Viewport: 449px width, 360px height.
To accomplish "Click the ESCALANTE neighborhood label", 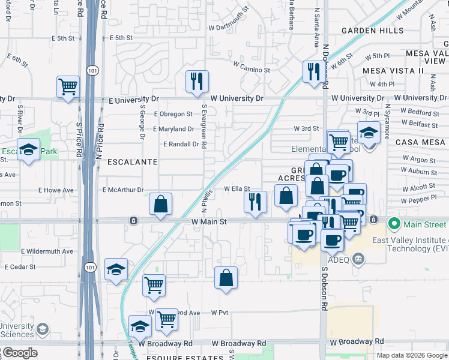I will pos(133,162).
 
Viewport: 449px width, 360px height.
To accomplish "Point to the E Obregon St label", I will pos(173,113).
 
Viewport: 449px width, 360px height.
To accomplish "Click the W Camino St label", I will pos(248,70).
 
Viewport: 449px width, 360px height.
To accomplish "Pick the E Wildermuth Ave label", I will pos(47,251).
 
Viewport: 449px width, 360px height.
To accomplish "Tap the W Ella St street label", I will pos(237,188).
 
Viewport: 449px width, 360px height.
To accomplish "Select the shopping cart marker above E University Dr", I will pos(68,86).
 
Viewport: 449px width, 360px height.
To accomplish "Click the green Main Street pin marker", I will pos(394,224).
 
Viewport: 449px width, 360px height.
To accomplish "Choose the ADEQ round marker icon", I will pos(359,259).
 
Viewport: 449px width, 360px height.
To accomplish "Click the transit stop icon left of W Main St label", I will pos(133,221).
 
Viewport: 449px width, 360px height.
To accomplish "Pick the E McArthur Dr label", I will pos(124,190).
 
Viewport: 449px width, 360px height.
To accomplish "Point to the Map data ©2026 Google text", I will pos(411,355).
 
